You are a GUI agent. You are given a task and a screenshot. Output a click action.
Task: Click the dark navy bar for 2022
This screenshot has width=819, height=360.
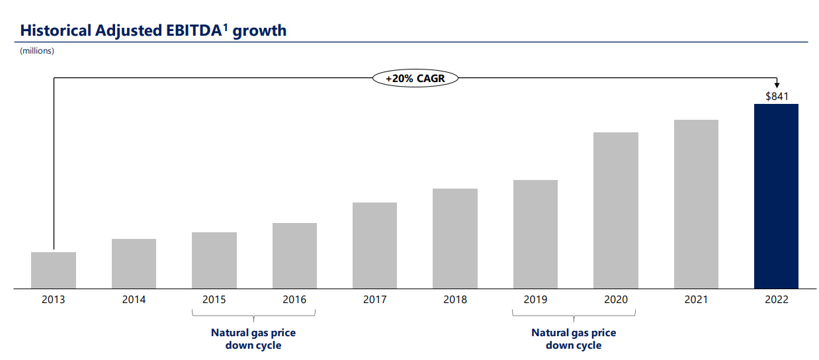point(776,196)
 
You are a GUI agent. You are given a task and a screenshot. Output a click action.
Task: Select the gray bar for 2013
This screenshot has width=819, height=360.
point(54,271)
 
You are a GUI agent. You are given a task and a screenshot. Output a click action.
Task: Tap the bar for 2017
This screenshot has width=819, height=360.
point(374,246)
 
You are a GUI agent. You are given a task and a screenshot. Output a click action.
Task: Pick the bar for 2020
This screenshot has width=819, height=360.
point(616,210)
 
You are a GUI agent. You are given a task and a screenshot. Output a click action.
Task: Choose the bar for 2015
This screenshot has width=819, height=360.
point(214,261)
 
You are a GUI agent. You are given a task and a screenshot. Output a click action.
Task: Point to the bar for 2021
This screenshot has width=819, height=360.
point(696,204)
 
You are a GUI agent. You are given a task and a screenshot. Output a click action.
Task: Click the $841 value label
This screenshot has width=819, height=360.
point(777,96)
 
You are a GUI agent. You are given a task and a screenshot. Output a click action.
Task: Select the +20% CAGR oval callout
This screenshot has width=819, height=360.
point(415,78)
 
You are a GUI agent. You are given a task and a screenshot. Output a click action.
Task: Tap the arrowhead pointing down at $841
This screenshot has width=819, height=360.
point(777,85)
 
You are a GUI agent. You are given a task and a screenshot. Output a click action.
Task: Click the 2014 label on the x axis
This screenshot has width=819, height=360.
point(134,300)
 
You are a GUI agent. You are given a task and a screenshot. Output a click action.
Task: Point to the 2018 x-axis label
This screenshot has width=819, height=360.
point(455,300)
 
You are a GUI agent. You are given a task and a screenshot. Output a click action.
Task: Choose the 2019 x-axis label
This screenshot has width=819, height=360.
point(535,300)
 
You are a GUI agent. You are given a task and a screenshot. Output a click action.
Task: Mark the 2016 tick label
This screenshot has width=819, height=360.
point(294,300)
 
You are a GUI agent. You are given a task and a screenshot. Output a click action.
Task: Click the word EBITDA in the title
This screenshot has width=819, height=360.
point(194,30)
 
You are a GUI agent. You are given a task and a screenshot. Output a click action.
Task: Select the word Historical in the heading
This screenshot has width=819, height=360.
point(56,30)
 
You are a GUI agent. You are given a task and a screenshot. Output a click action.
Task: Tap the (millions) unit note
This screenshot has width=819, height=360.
point(37,51)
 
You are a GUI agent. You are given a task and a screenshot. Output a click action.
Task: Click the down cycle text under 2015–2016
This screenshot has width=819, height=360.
point(253,345)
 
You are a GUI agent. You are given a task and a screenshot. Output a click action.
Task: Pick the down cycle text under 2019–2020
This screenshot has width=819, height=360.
point(574,345)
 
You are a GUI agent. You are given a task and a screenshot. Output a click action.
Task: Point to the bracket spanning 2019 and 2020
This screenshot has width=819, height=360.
point(574,316)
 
